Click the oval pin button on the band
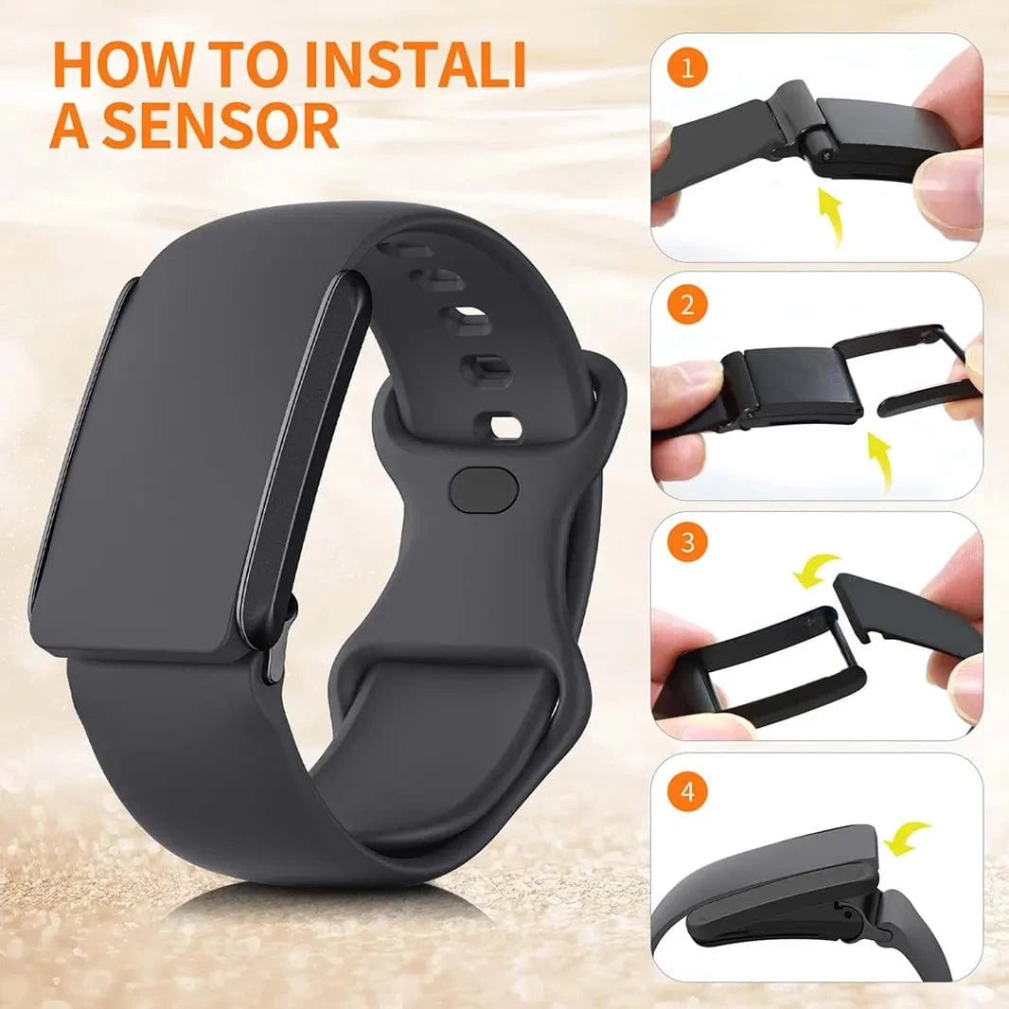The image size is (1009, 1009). tap(485, 488)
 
